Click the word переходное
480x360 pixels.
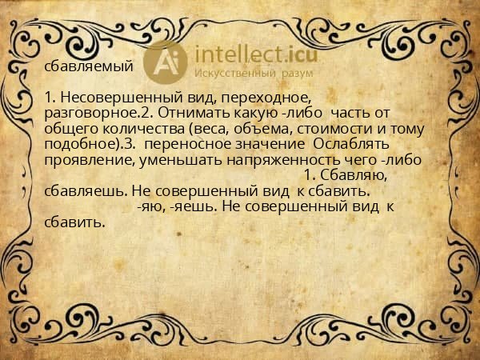click(262, 98)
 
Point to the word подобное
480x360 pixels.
click(82, 144)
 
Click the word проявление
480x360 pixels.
click(83, 159)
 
